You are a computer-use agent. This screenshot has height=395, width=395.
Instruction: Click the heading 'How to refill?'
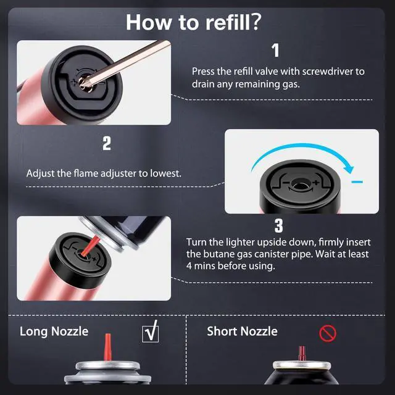click(193, 22)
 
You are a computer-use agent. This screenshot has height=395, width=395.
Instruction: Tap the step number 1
click(276, 51)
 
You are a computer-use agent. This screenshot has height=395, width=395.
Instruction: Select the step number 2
click(107, 143)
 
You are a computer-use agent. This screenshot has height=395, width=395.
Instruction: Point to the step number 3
click(278, 226)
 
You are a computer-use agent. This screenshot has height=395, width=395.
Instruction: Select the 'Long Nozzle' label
click(54, 331)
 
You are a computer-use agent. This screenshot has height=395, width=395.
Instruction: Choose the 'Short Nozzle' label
click(242, 331)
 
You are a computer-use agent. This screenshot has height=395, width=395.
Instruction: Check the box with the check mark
click(151, 332)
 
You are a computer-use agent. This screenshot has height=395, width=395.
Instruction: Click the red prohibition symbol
click(328, 333)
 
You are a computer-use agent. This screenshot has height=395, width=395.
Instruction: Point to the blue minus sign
click(357, 181)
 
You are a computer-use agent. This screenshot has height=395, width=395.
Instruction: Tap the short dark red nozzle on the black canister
click(302, 353)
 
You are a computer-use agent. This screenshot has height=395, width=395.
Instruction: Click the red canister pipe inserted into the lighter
click(90, 245)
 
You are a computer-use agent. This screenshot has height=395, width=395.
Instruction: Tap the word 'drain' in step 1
click(203, 84)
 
